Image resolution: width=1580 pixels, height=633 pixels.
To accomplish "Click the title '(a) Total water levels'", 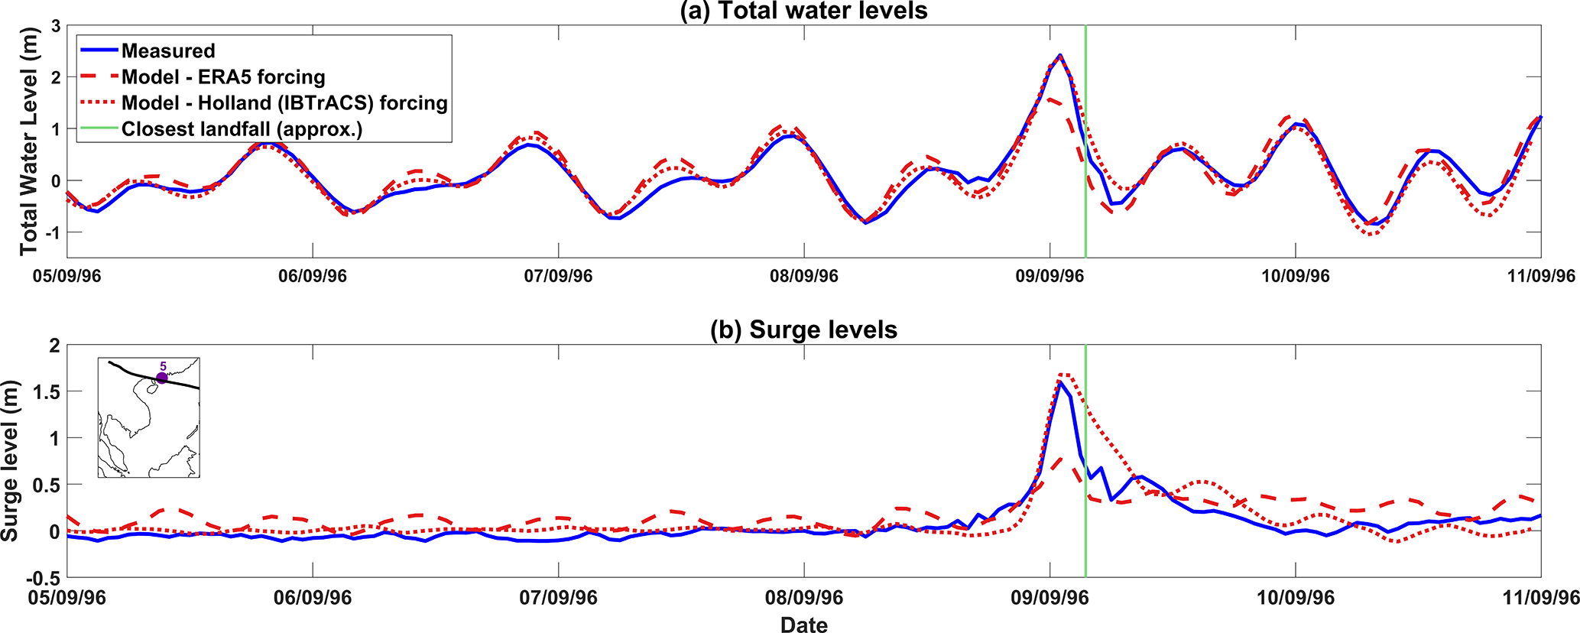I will tap(803, 11).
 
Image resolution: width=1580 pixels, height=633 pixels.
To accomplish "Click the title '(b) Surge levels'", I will tap(803, 329).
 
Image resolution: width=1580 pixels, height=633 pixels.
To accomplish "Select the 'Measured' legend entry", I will tap(168, 51).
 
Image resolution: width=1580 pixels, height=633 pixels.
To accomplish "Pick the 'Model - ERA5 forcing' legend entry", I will tap(223, 77).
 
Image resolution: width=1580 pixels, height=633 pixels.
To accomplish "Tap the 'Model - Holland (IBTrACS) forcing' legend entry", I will tap(284, 103).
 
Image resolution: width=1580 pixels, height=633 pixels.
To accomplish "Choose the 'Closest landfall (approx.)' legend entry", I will tap(242, 129).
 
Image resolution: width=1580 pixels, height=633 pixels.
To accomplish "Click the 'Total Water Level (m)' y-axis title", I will tap(28, 141).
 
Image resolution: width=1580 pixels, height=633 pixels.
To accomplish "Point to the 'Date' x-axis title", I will tap(803, 625).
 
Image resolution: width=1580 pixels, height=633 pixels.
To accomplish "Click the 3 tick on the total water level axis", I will tap(55, 26).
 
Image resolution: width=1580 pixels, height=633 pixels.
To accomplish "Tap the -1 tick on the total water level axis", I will tap(52, 232).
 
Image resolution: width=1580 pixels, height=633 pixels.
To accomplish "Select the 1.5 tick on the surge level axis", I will tap(46, 391).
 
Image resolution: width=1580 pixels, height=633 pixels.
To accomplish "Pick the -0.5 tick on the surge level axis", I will tap(42, 577).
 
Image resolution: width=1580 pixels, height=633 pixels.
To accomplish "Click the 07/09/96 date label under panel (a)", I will tap(558, 276).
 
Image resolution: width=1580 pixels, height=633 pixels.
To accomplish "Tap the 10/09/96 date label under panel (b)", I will tap(1296, 597).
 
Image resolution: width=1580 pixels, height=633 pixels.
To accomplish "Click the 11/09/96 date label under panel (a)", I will tap(1540, 276).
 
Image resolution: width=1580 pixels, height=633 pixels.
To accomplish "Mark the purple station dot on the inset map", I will tap(161, 378).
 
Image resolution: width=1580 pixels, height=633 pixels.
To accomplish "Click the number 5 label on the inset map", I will tap(163, 367).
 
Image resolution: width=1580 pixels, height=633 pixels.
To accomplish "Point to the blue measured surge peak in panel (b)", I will tap(1060, 382).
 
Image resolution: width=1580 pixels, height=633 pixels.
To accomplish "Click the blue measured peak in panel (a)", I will tap(1059, 55).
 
